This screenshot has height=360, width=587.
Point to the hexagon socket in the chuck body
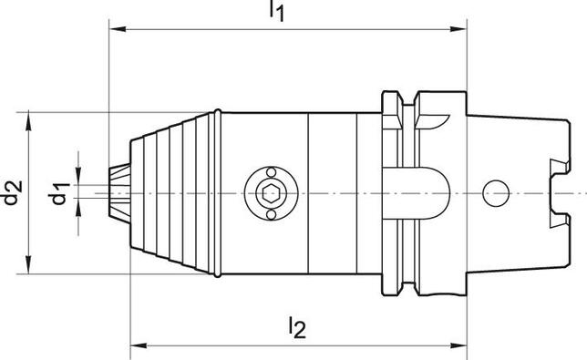[x=268, y=192]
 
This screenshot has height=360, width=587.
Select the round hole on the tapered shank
[x=495, y=192]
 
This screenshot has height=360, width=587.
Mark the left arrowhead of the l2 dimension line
[x=138, y=345]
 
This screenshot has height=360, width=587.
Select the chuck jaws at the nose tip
[x=117, y=192]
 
